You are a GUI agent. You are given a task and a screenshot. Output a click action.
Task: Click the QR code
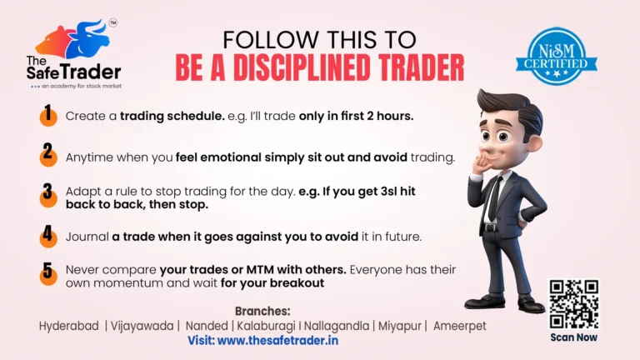(573, 304)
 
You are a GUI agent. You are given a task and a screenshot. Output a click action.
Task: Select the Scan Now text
(573, 337)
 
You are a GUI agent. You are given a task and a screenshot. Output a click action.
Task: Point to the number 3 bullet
(49, 197)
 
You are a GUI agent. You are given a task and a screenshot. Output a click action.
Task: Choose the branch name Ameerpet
(459, 326)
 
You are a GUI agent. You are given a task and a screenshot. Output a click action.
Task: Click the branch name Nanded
(205, 326)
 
